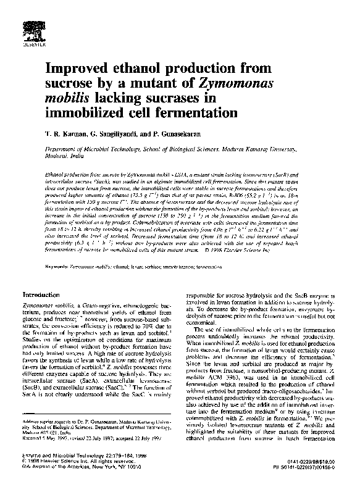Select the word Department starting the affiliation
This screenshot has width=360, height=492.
pos(67,149)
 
